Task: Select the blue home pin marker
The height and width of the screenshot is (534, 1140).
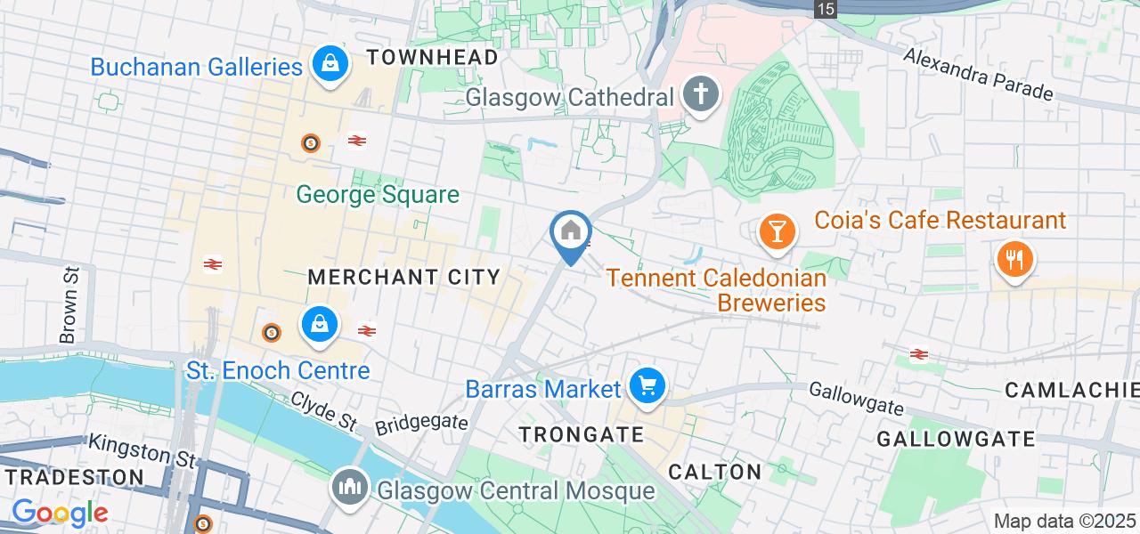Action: coord(570,234)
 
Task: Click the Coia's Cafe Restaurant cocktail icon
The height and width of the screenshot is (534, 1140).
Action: coord(777,231)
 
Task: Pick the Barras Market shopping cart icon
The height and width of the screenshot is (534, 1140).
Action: coord(647,387)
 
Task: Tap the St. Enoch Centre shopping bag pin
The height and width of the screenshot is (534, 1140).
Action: coord(318,325)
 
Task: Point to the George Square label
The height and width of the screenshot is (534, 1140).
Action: coord(378,194)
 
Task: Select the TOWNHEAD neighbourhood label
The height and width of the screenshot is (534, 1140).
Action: coord(433,58)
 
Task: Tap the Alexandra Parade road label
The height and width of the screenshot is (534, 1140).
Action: coord(978,73)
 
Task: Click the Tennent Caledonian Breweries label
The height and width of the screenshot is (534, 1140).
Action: coord(717,290)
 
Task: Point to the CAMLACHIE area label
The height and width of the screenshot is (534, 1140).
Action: coord(1072,390)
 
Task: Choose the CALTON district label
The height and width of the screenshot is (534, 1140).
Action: coord(715,472)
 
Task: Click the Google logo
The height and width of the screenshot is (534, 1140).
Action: coord(59,513)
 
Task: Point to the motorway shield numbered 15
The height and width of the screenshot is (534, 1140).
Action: coord(826,9)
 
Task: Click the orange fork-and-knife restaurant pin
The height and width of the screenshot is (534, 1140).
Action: coord(1014,260)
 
